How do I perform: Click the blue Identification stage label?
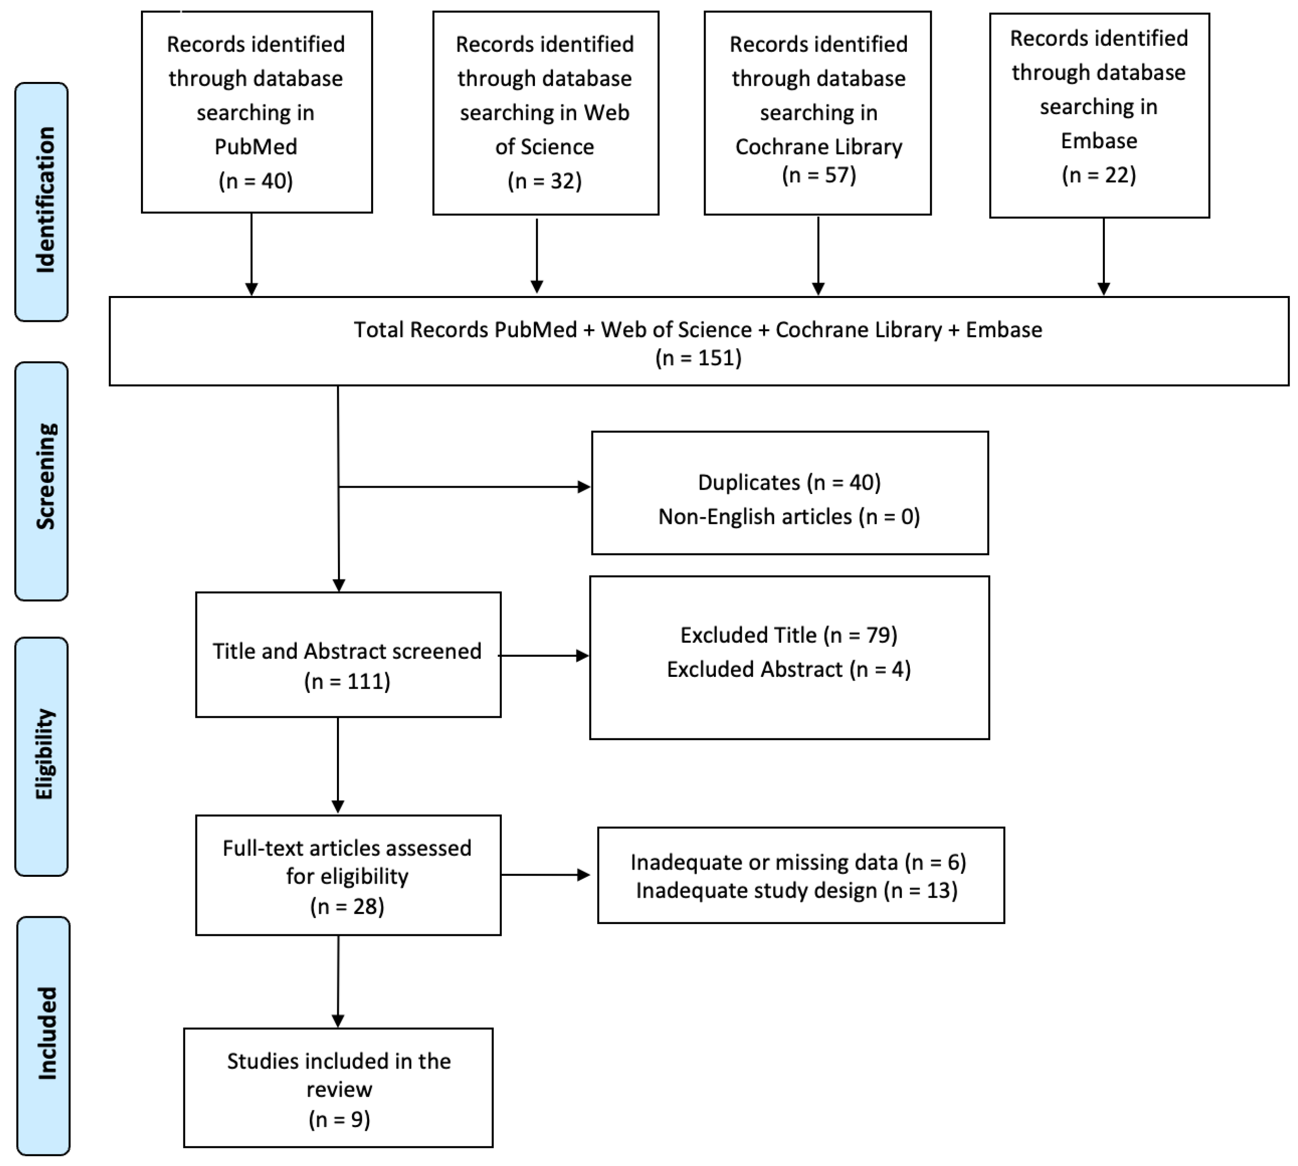pyautogui.click(x=41, y=201)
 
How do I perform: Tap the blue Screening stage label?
pyautogui.click(x=41, y=480)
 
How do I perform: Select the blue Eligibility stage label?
pyautogui.click(x=41, y=756)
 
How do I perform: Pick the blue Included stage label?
pyautogui.click(x=43, y=1035)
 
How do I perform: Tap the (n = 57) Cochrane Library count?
pyautogui.click(x=818, y=175)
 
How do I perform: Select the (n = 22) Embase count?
pyautogui.click(x=1098, y=175)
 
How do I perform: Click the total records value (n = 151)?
pyautogui.click(x=698, y=357)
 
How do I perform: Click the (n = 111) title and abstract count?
pyautogui.click(x=347, y=681)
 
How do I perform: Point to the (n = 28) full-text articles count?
pyautogui.click(x=347, y=907)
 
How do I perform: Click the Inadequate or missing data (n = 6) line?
pyautogui.click(x=798, y=862)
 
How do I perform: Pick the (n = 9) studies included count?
pyautogui.click(x=339, y=1119)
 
